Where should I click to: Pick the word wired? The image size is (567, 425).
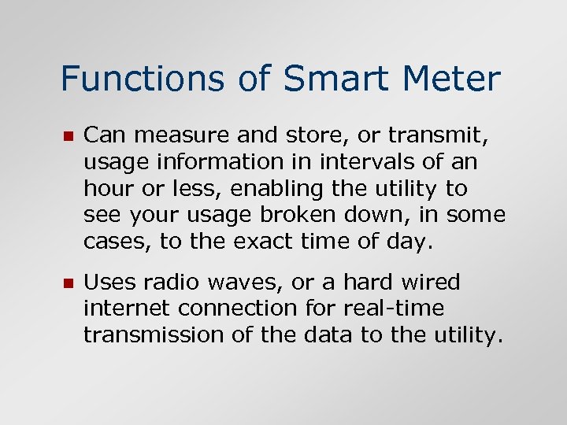(x=430, y=283)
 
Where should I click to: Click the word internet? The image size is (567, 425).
(x=125, y=309)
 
